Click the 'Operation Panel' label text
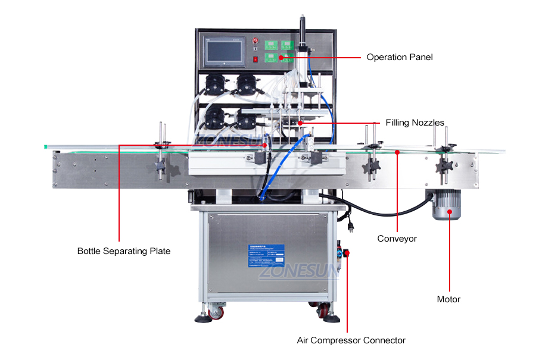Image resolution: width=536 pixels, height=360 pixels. click(399, 58)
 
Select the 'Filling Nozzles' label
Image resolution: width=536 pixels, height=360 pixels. click(415, 123)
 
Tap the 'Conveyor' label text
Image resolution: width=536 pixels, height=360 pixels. click(397, 239)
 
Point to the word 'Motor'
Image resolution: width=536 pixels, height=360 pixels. click(448, 299)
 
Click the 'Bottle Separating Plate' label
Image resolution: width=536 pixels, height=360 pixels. click(124, 251)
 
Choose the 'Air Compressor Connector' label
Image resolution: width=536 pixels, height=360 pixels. click(351, 340)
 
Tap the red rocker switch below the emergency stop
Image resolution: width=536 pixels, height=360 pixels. click(255, 60)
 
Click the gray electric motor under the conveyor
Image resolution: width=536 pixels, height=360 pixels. click(443, 205)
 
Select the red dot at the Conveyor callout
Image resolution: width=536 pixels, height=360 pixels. click(397, 152)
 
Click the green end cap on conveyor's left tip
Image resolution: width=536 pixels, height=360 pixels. click(45, 146)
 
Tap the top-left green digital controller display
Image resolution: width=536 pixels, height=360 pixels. click(272, 46)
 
